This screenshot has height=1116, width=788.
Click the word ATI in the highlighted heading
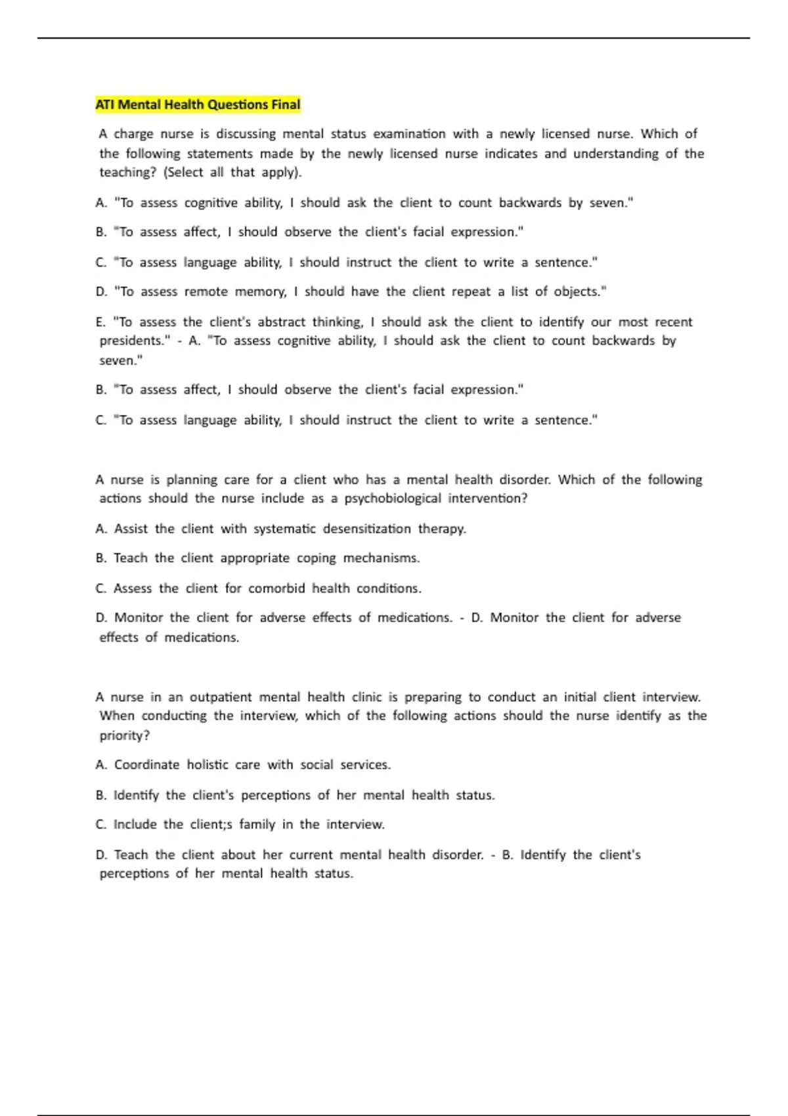pos(105,104)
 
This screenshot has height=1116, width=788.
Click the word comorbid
pos(276,588)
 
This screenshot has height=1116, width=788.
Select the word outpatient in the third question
pos(221,697)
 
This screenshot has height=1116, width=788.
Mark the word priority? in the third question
pos(125,735)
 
